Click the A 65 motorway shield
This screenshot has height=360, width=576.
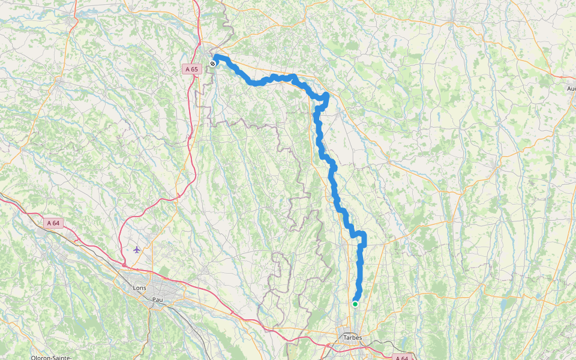tap(191, 70)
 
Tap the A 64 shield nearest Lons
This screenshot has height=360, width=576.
tap(53, 223)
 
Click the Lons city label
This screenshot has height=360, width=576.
tap(139, 288)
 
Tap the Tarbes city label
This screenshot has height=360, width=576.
tap(352, 338)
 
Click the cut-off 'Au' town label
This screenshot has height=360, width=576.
tap(571, 89)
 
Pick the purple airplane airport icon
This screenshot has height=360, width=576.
tap(137, 249)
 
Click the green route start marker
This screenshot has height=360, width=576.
tap(355, 304)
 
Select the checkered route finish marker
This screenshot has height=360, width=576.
tap(213, 63)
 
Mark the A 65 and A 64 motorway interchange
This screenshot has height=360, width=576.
tap(124, 264)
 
